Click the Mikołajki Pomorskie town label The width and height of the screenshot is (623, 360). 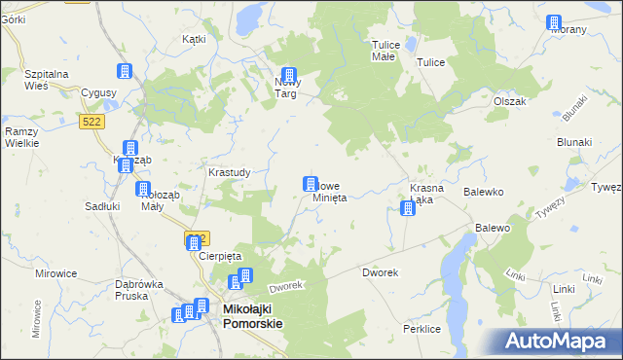point(252,316)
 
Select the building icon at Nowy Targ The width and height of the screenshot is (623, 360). point(289,75)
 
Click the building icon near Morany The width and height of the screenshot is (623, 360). point(554,22)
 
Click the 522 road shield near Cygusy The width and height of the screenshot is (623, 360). point(92,120)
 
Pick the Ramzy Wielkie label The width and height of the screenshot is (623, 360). point(21,137)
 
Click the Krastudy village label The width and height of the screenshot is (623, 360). point(230,172)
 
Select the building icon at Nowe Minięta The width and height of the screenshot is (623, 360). point(311,183)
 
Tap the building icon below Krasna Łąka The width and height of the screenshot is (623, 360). point(408,208)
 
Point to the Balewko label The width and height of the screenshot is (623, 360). point(483,193)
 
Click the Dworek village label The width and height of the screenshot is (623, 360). point(380,272)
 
